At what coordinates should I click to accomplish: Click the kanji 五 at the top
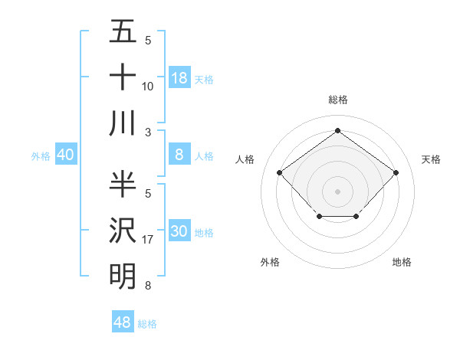pos(123,31)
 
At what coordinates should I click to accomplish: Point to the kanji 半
pos(123,184)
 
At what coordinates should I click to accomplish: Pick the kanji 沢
pos(123,230)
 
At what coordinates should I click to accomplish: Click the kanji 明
pos(123,276)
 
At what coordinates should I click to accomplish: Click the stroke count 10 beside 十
pos(148,87)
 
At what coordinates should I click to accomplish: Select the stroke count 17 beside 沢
pos(148,240)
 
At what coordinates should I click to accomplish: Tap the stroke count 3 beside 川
pos(148,133)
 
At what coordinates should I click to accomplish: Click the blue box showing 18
pos(179,78)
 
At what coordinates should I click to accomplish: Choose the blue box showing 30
pos(179,231)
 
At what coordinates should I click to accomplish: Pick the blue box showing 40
pos(65,155)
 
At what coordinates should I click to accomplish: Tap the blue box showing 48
pos(123,322)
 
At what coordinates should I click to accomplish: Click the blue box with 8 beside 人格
pos(179,155)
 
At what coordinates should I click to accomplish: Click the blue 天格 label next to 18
pos(204,80)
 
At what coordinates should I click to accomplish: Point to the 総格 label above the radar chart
pos(337,100)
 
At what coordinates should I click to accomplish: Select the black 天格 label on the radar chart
pos(431,159)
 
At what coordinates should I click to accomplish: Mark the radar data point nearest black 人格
pos(280,172)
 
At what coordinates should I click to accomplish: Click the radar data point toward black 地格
pos(356,218)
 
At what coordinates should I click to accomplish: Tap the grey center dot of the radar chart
pos(337,191)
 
